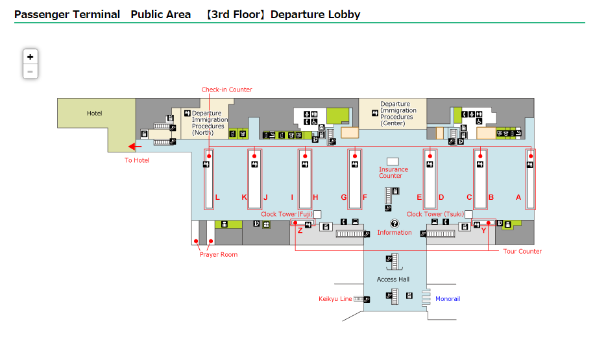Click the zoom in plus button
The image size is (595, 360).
(30, 56)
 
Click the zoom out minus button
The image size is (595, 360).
(30, 71)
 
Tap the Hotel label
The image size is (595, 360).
(95, 114)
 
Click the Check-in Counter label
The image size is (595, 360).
(226, 90)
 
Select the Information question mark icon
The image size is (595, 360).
(395, 223)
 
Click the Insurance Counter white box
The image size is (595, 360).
(392, 161)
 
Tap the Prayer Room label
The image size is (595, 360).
(218, 254)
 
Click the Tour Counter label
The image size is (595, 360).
(522, 251)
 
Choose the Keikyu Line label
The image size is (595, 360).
(335, 299)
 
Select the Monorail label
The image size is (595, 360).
(447, 299)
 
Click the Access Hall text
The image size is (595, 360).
(393, 280)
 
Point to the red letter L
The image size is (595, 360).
(217, 197)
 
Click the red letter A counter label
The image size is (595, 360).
(518, 197)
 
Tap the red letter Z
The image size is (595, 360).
(300, 230)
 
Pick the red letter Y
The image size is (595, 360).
(483, 230)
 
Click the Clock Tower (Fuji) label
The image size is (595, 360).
(287, 214)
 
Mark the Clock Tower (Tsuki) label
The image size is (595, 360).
(435, 214)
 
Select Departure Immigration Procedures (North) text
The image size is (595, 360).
(210, 123)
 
